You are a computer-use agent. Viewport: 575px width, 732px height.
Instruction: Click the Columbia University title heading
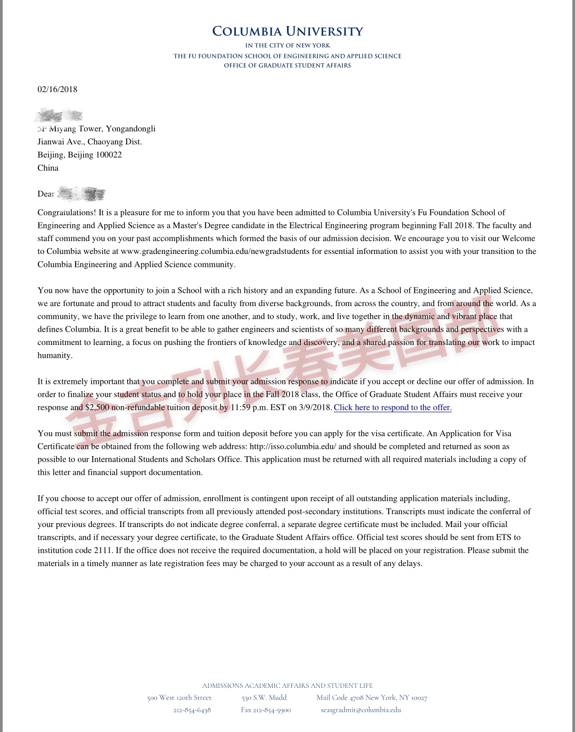point(287,31)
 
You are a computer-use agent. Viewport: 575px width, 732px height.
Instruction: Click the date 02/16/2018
point(57,89)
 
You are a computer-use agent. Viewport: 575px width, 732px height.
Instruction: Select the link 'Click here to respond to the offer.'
point(392,408)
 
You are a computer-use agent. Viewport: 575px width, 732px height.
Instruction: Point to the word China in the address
point(48,168)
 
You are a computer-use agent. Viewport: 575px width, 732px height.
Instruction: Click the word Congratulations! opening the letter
point(67,212)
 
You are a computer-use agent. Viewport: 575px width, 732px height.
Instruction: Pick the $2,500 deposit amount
point(97,408)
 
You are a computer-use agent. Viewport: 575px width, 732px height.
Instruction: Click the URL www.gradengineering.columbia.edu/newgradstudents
point(215,251)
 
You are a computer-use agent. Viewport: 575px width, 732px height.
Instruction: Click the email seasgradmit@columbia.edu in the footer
point(361,710)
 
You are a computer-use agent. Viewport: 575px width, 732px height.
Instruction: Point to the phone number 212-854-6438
point(192,710)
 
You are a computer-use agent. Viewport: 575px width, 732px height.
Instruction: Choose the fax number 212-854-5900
point(266,710)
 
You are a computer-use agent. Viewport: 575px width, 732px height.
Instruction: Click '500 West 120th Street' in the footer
point(179,698)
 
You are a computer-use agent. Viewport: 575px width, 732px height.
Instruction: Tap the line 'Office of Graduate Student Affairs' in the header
point(287,65)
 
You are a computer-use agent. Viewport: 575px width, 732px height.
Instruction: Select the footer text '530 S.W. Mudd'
point(264,698)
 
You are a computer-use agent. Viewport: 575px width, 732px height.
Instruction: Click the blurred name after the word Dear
point(81,194)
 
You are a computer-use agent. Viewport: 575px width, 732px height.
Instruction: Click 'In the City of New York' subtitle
point(287,46)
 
